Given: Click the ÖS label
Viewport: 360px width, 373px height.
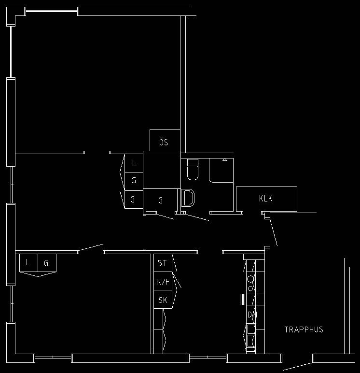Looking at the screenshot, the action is pyautogui.click(x=164, y=142).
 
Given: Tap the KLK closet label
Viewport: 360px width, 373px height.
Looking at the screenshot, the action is pyautogui.click(x=266, y=199).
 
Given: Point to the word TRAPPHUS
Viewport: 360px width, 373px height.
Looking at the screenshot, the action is pyautogui.click(x=304, y=330).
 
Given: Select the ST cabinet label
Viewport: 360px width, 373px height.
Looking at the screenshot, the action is pyautogui.click(x=162, y=263).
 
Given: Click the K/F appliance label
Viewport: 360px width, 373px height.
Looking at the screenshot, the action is pyautogui.click(x=163, y=282).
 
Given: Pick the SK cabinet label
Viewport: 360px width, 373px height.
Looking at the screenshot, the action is pyautogui.click(x=163, y=300).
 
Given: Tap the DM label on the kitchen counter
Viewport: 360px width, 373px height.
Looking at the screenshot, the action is pyautogui.click(x=252, y=315).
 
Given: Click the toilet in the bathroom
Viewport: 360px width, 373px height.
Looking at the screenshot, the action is pyautogui.click(x=193, y=170).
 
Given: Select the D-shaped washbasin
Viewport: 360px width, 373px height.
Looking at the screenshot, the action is pyautogui.click(x=188, y=198).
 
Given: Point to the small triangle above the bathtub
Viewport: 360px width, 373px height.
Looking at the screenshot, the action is pyautogui.click(x=225, y=159).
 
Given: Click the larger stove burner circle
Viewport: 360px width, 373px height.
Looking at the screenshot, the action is pyautogui.click(x=250, y=279).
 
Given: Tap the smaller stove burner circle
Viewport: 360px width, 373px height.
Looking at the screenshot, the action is pyautogui.click(x=250, y=289).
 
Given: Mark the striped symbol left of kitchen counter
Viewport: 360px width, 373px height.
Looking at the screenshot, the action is pyautogui.click(x=242, y=299).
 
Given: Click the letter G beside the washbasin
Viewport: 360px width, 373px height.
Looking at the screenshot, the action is pyautogui.click(x=161, y=201).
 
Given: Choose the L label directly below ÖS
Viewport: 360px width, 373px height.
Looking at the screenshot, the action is pyautogui.click(x=134, y=163).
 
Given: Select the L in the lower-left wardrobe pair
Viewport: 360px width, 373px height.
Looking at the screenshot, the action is pyautogui.click(x=28, y=262).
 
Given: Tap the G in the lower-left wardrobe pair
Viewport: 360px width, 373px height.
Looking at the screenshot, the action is pyautogui.click(x=46, y=263).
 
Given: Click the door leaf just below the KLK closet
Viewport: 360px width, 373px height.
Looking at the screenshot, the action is pyautogui.click(x=274, y=232).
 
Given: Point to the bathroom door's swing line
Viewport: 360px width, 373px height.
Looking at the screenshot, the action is pyautogui.click(x=197, y=217).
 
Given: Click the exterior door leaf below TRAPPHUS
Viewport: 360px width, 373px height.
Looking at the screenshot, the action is pyautogui.click(x=298, y=366).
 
